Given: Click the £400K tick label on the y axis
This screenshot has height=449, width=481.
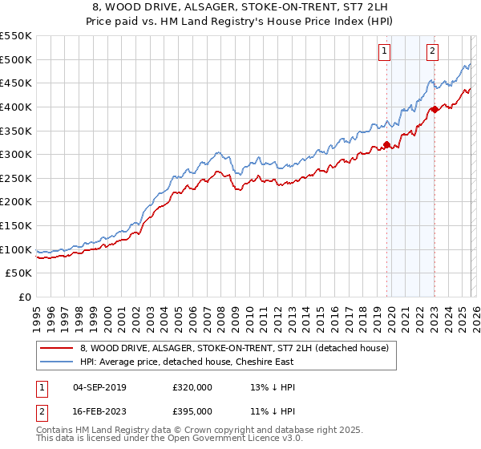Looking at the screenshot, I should (16, 107).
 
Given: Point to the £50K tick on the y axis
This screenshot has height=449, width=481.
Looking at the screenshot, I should (19, 273).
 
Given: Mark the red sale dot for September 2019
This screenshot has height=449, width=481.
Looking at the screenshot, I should (386, 145).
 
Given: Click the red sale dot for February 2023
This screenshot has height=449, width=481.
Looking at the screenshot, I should (434, 109).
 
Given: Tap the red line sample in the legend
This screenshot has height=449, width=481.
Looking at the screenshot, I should (57, 348).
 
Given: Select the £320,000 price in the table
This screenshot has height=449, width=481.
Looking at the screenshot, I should (192, 387).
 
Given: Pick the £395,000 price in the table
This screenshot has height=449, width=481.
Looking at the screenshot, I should (192, 411).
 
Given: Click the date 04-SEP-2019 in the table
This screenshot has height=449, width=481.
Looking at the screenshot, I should (99, 387).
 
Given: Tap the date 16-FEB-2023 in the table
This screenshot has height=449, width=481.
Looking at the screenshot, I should (99, 411).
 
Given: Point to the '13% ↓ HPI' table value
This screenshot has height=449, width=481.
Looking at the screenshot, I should (273, 387).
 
